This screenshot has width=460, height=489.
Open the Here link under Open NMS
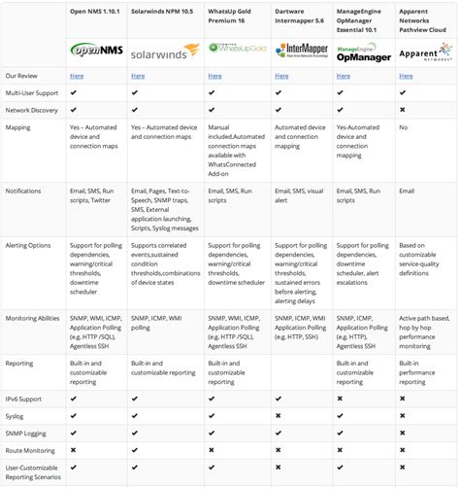pos(76,75)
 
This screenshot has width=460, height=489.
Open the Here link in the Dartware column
pos(281,75)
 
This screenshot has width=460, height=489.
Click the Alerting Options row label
pos(28,245)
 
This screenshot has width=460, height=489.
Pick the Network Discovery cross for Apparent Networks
pos(402,110)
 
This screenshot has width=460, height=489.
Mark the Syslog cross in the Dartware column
pos(279,416)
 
